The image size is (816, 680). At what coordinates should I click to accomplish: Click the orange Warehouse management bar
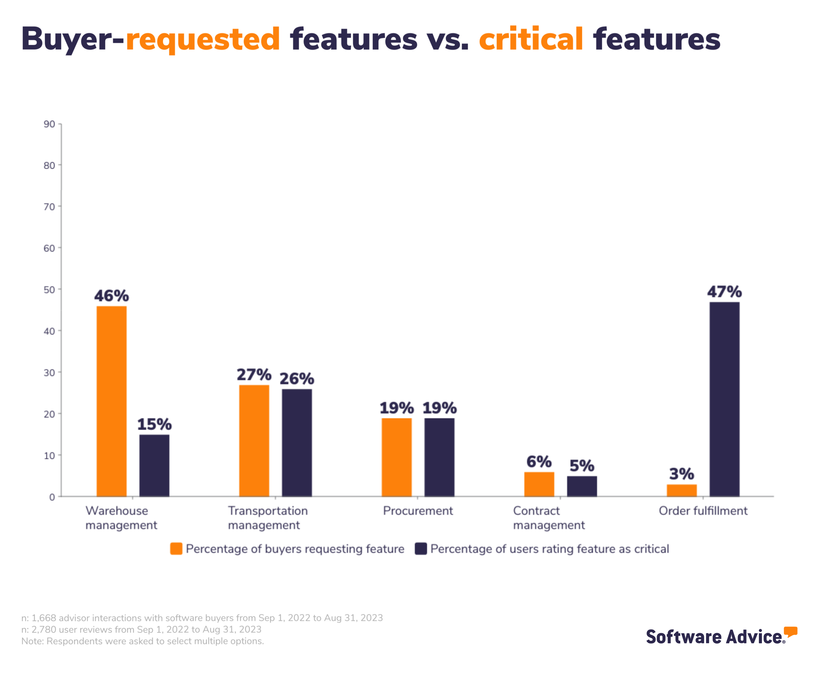(x=112, y=401)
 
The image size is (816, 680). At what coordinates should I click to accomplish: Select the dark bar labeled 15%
(x=154, y=465)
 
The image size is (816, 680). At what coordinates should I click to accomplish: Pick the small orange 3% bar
(x=682, y=491)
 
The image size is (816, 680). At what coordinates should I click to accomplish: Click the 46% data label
(x=112, y=296)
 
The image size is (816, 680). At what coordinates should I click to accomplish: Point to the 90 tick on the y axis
(x=49, y=124)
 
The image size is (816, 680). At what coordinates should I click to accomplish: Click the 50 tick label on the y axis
(x=49, y=290)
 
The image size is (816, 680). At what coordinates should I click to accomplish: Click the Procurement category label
(x=418, y=510)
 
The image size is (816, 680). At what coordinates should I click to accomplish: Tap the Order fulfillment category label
(x=703, y=510)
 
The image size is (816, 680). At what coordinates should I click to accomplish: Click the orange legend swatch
(x=176, y=549)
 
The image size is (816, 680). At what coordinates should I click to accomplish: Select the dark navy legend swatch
(x=420, y=549)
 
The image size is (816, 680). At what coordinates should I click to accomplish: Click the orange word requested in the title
(x=203, y=40)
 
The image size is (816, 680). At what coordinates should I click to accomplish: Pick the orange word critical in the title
(x=531, y=40)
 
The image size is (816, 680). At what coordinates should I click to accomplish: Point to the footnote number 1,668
(x=44, y=618)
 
